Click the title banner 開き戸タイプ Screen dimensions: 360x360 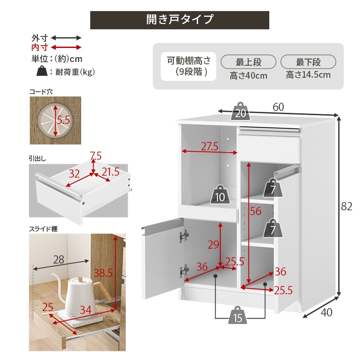point(180,20)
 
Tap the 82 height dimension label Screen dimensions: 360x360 point(347,206)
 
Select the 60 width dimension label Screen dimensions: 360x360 point(278,107)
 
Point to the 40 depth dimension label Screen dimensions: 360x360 point(326,312)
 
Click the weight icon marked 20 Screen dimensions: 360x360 point(240,111)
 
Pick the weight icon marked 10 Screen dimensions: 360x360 point(220,194)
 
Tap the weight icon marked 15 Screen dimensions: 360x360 point(238,315)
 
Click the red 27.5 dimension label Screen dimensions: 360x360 point(210,146)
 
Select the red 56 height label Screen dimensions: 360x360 point(255,211)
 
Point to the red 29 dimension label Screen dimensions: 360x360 point(213,245)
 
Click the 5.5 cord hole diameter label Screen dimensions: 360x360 point(63,120)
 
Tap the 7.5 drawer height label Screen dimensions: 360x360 point(96,156)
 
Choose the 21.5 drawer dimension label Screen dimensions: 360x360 point(111,172)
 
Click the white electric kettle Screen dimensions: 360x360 point(79,295)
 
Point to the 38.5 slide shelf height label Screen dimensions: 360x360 point(103,273)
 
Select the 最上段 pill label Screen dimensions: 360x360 point(249,62)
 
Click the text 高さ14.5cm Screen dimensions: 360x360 point(308,75)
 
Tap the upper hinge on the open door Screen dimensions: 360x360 point(184,236)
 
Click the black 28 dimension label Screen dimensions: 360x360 point(59,260)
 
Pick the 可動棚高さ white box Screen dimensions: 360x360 point(188,66)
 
